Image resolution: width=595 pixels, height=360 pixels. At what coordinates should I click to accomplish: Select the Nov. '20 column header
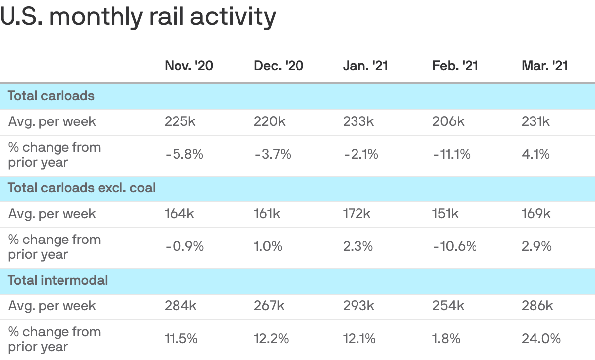point(189,66)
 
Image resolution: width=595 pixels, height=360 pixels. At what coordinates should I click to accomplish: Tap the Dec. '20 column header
point(279,66)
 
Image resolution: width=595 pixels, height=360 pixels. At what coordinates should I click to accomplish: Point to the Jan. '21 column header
point(365,66)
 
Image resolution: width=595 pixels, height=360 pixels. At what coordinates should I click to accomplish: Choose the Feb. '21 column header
point(455,66)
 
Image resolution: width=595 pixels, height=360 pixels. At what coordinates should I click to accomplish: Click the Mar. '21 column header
point(544,66)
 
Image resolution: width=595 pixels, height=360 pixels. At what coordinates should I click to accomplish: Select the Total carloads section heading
point(52,96)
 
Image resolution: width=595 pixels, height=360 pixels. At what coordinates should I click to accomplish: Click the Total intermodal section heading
point(58,280)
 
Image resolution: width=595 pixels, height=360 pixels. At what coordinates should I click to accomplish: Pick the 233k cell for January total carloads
point(358,121)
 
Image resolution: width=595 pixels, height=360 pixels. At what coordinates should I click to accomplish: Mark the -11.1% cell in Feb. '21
point(451,154)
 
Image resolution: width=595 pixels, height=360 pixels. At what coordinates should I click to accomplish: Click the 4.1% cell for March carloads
point(535,154)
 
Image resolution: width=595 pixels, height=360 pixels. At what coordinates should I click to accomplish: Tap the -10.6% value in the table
point(454,246)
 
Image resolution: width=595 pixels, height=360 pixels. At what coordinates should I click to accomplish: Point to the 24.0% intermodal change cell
point(541,339)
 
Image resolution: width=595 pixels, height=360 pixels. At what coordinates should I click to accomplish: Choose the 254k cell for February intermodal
point(448,306)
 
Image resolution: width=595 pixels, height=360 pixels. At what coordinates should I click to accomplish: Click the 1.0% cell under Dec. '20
point(268,246)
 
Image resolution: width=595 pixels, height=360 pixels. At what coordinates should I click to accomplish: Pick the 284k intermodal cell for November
point(180,306)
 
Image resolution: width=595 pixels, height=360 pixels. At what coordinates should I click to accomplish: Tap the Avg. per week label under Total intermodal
point(52,306)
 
